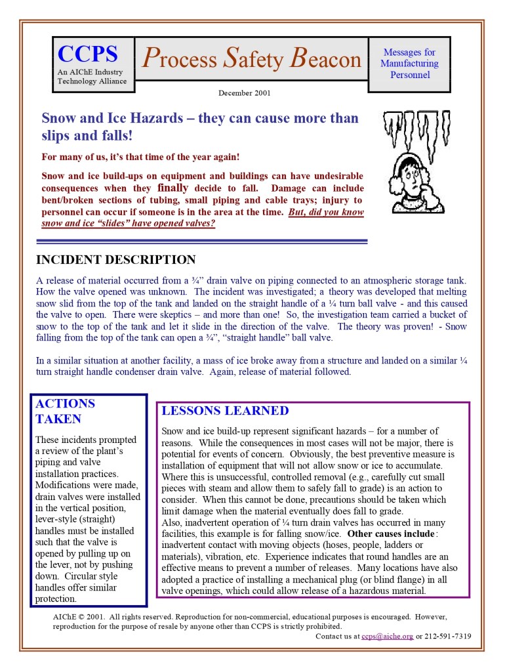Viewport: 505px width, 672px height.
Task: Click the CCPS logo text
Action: click(x=87, y=54)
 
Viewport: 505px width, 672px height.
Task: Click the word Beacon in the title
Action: click(x=326, y=59)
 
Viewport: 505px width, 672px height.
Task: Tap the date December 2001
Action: click(x=245, y=93)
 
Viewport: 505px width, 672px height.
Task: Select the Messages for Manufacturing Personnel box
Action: click(x=409, y=64)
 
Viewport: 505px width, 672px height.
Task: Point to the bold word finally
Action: click(x=172, y=188)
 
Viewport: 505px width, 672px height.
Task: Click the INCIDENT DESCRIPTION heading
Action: click(x=115, y=260)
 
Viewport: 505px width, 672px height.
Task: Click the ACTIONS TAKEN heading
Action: click(x=65, y=411)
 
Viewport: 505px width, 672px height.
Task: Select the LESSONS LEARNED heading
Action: click(x=225, y=411)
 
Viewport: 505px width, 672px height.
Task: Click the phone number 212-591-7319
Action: click(x=448, y=636)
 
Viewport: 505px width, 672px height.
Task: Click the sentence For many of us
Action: click(x=140, y=157)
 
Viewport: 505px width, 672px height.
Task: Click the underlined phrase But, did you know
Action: click(x=326, y=212)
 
